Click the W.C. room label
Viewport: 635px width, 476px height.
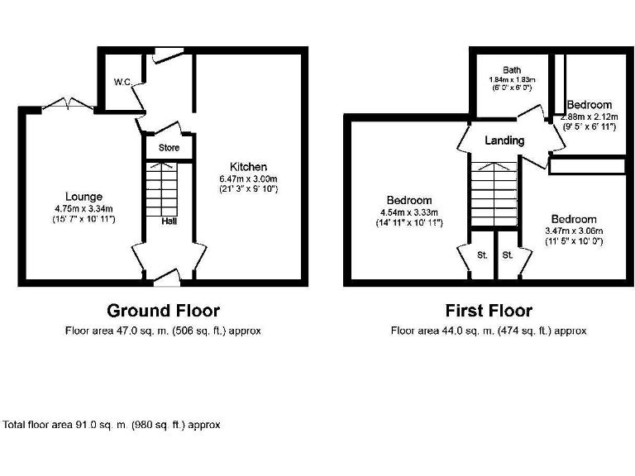122,82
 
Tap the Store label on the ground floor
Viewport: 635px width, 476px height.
169,148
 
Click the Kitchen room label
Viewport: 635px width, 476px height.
248,167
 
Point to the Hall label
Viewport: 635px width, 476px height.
168,221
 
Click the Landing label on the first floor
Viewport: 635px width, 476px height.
504,140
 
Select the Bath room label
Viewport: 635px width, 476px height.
509,70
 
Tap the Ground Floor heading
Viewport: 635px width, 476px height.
163,311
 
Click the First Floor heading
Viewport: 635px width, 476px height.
489,311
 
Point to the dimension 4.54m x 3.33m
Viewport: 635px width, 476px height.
409,212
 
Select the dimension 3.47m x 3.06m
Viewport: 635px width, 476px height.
575,231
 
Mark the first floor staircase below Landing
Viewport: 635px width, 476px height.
493,190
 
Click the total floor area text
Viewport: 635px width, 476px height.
112,425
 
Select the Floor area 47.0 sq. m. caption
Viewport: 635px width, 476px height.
163,331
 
